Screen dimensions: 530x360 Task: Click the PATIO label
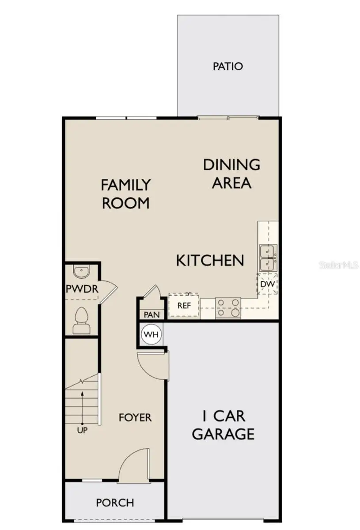(227, 66)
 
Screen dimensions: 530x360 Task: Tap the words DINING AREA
(231, 174)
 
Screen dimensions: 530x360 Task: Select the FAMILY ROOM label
(126, 193)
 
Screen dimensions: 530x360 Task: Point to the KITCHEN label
(210, 260)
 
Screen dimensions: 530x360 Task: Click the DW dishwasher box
(268, 284)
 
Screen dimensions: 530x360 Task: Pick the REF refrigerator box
(184, 305)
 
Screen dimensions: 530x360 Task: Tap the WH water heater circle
(152, 334)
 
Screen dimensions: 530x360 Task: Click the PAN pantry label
(148, 314)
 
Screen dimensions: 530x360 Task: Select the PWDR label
(81, 289)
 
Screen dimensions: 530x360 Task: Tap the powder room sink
(81, 272)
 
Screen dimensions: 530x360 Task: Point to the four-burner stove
(228, 307)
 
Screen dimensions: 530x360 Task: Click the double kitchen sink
(268, 257)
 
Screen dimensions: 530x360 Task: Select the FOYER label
(135, 417)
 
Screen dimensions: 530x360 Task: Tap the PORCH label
(115, 503)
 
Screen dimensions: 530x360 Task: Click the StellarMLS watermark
(339, 265)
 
